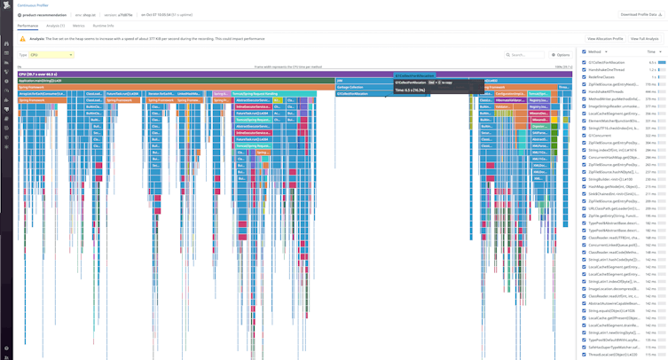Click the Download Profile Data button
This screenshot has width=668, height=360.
639,15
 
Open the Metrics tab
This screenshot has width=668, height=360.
78,26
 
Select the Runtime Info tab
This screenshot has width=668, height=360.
103,26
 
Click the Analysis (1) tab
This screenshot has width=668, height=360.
55,26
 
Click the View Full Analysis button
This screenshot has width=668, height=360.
644,39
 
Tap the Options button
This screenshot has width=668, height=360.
561,55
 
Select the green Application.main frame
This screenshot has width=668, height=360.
40,81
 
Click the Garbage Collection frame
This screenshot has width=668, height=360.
350,87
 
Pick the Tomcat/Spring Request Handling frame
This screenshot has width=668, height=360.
257,93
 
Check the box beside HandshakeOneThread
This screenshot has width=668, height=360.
584,70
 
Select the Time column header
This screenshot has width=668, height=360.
651,52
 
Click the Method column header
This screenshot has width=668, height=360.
595,52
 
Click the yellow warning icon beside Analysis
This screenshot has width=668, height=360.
23,39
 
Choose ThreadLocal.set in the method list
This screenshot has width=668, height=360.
612,355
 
